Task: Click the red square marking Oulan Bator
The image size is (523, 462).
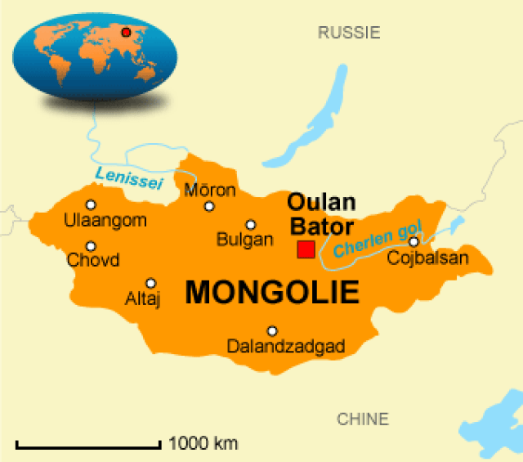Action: tap(306, 249)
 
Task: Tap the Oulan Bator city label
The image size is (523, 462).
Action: tap(321, 214)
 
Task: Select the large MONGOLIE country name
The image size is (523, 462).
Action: tap(273, 292)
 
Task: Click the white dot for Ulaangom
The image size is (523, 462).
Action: tap(91, 205)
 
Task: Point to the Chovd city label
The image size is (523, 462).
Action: tap(93, 261)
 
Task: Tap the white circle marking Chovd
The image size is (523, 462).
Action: tap(91, 246)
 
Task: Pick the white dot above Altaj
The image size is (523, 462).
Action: tap(150, 283)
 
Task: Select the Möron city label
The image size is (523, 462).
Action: tap(210, 191)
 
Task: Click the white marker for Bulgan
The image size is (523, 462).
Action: tap(250, 225)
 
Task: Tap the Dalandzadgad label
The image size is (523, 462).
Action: tap(286, 347)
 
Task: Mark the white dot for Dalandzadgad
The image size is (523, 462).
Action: tap(272, 331)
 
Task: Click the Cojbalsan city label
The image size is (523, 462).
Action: tap(428, 258)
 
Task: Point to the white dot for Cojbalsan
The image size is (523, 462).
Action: tap(414, 241)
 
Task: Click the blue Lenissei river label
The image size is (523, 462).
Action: tap(129, 176)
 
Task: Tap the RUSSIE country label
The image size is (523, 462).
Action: tap(349, 33)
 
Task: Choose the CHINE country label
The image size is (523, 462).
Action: tap(363, 419)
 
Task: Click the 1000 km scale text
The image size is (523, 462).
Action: tap(203, 444)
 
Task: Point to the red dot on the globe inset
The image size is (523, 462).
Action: tap(126, 33)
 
